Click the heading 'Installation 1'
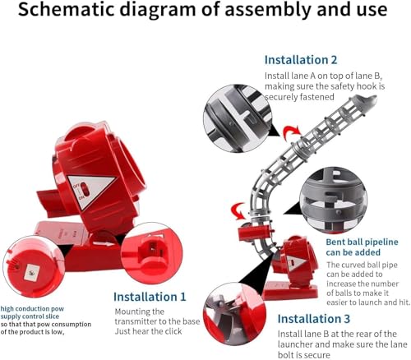point(150,297)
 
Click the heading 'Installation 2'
point(301,60)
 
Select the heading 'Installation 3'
point(314,319)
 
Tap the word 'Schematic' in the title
point(66,10)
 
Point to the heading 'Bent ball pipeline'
point(362,242)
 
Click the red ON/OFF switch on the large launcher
point(85,189)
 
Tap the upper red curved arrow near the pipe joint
point(292,133)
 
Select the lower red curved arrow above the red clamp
point(238,210)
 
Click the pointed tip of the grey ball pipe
point(375,97)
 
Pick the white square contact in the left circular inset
point(30,273)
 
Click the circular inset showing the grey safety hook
point(238,118)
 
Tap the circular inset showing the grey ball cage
point(333,201)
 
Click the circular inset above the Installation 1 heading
point(151,253)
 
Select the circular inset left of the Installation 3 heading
point(234,314)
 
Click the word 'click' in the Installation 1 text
point(171,331)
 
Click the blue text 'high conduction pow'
point(32,309)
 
